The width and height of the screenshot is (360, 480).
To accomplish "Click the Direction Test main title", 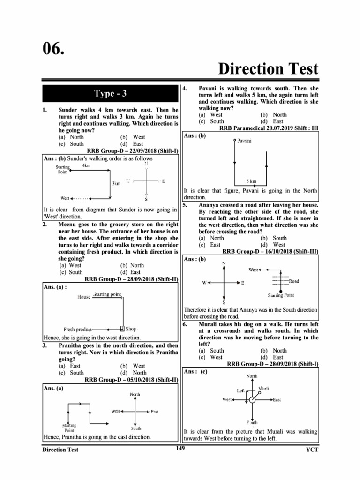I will pos(268,69).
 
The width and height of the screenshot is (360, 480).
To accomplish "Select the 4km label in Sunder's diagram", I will pos(86,165).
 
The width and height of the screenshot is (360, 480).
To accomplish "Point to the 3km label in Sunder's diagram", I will pos(116,183).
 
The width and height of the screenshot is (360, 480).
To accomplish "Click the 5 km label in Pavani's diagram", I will pos(251,181).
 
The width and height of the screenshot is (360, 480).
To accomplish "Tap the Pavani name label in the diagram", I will pos(244,141).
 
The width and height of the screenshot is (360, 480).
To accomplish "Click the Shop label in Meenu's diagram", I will pos(132,329).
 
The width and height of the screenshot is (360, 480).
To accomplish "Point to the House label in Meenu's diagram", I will pos(84,297).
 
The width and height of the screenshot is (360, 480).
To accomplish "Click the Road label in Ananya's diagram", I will pos(294,281).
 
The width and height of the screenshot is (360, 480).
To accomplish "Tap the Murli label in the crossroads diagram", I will pos(263,389).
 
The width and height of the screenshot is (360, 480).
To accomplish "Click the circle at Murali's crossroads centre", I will pos(252,399).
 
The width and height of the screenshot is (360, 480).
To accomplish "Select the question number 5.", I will pos(185,205).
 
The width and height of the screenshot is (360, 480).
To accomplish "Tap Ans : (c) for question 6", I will pos(195,371).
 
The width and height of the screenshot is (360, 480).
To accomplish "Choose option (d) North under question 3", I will pos(134,373).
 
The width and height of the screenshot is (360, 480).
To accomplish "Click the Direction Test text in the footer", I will pos(60,450).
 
